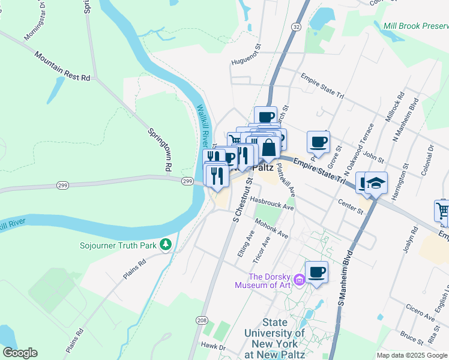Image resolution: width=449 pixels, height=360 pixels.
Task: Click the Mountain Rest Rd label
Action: click(x=62, y=66)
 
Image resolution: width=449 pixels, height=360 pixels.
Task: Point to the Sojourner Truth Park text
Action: click(x=118, y=245)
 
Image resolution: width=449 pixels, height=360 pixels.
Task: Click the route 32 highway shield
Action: click(x=296, y=27)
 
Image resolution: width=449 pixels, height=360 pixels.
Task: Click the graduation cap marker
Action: click(x=376, y=183)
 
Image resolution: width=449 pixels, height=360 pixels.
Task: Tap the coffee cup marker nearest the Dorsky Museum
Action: click(x=316, y=272)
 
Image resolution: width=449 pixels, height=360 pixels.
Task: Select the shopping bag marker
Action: click(x=269, y=147)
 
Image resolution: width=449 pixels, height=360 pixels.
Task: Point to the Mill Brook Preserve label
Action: click(x=415, y=26)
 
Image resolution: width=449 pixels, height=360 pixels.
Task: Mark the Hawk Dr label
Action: click(x=213, y=346)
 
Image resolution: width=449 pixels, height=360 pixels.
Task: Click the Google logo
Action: click(x=20, y=353)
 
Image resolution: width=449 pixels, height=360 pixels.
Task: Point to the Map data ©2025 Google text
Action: click(x=412, y=355)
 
